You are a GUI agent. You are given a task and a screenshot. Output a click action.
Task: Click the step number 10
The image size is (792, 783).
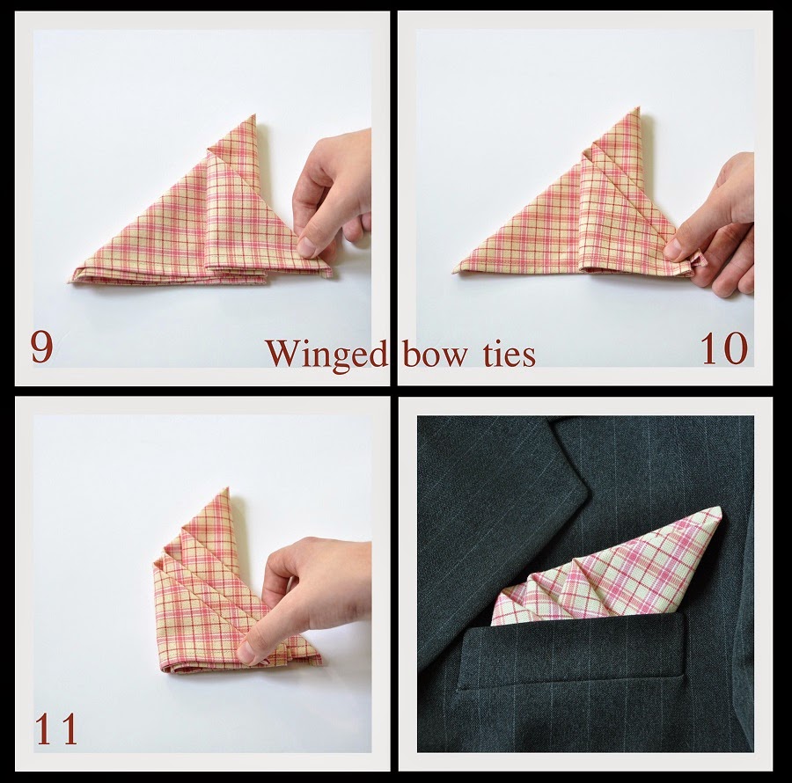pyautogui.click(x=723, y=348)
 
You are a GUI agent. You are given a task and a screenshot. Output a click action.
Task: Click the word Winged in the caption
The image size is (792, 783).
pyautogui.click(x=326, y=354)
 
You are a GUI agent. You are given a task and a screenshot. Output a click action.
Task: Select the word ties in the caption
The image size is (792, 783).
pyautogui.click(x=507, y=354)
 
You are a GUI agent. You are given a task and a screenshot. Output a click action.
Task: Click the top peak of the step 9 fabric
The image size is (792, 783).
pyautogui.click(x=253, y=116)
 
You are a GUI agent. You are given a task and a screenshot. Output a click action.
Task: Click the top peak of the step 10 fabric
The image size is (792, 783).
pyautogui.click(x=635, y=110)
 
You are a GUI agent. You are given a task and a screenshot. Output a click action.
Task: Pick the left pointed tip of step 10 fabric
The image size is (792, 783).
pyautogui.click(x=457, y=270)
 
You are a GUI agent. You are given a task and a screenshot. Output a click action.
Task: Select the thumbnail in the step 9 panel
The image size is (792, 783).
pyautogui.click(x=308, y=247)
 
